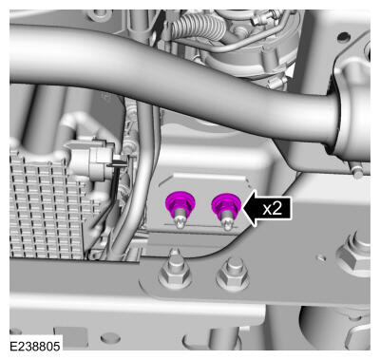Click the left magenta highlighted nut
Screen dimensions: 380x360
click(180, 203)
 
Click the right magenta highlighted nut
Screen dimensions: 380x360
click(226, 203)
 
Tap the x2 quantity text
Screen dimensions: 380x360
click(273, 208)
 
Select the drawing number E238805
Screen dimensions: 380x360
click(35, 346)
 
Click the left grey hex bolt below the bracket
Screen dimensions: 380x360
click(175, 273)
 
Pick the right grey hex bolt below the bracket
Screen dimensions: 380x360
click(233, 275)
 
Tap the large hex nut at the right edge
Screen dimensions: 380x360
click(354, 254)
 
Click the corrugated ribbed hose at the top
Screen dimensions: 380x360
click(198, 27)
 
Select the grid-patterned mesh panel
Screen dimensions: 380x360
click(47, 206)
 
